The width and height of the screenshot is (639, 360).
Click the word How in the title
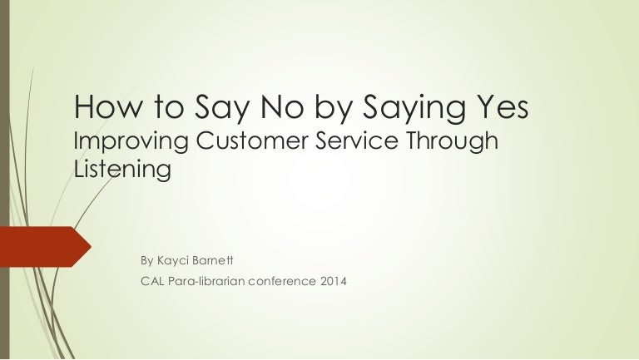coord(108,106)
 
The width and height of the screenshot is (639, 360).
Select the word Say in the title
coord(221,109)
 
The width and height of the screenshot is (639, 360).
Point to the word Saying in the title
coord(414,109)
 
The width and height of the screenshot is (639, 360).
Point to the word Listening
coord(122,170)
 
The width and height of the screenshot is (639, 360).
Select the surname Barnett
coord(212,260)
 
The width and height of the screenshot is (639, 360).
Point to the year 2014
coord(334,281)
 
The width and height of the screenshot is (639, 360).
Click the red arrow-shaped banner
coord(42,247)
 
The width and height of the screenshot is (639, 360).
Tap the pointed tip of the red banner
coord(92,247)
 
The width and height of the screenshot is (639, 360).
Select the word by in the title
coord(333,109)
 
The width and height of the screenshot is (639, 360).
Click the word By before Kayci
coord(146,261)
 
